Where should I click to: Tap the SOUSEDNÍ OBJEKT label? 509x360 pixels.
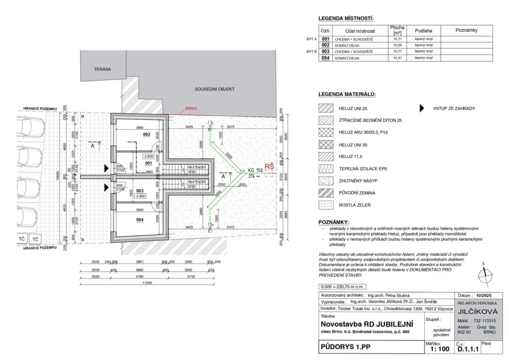click(x=214, y=90)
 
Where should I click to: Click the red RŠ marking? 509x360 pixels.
click(x=269, y=167)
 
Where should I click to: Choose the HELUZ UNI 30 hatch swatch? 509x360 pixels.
click(x=326, y=144)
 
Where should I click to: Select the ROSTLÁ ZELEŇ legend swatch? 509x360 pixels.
click(x=326, y=204)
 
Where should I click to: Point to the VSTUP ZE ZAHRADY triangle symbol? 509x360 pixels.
click(x=422, y=108)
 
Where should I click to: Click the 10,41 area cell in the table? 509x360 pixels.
click(x=397, y=58)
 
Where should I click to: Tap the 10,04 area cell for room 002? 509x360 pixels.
click(x=397, y=45)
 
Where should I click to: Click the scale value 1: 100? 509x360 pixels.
click(x=439, y=349)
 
